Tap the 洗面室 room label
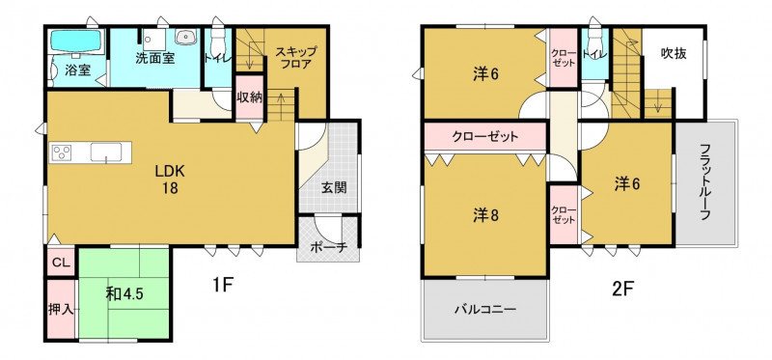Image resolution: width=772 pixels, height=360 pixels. pos(155,58)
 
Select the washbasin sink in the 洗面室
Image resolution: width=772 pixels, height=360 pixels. pos(186,37)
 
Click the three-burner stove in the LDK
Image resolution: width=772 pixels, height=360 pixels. pos(63,152)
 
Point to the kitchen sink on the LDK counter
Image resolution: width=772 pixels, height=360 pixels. pos(106,152)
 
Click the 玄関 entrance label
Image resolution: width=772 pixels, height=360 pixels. pos(334,187)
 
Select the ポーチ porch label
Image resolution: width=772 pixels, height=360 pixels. pos(329,249)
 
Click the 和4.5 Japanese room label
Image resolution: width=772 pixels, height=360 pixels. pos(124,294)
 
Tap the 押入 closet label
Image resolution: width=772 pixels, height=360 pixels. pos(61,309)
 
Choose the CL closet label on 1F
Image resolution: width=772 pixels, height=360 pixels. pos(61,263)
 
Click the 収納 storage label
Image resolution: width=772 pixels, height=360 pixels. pos(249,97)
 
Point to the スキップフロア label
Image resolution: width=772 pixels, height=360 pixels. pos(295,58)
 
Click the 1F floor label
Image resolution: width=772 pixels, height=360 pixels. pos(222,284)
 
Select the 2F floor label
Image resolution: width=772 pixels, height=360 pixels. pos(622,290)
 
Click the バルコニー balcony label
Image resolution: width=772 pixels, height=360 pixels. pos(485,310)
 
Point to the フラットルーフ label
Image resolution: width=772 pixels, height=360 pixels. pos(705,181)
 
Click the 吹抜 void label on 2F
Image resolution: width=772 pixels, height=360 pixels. pos(674,53)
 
